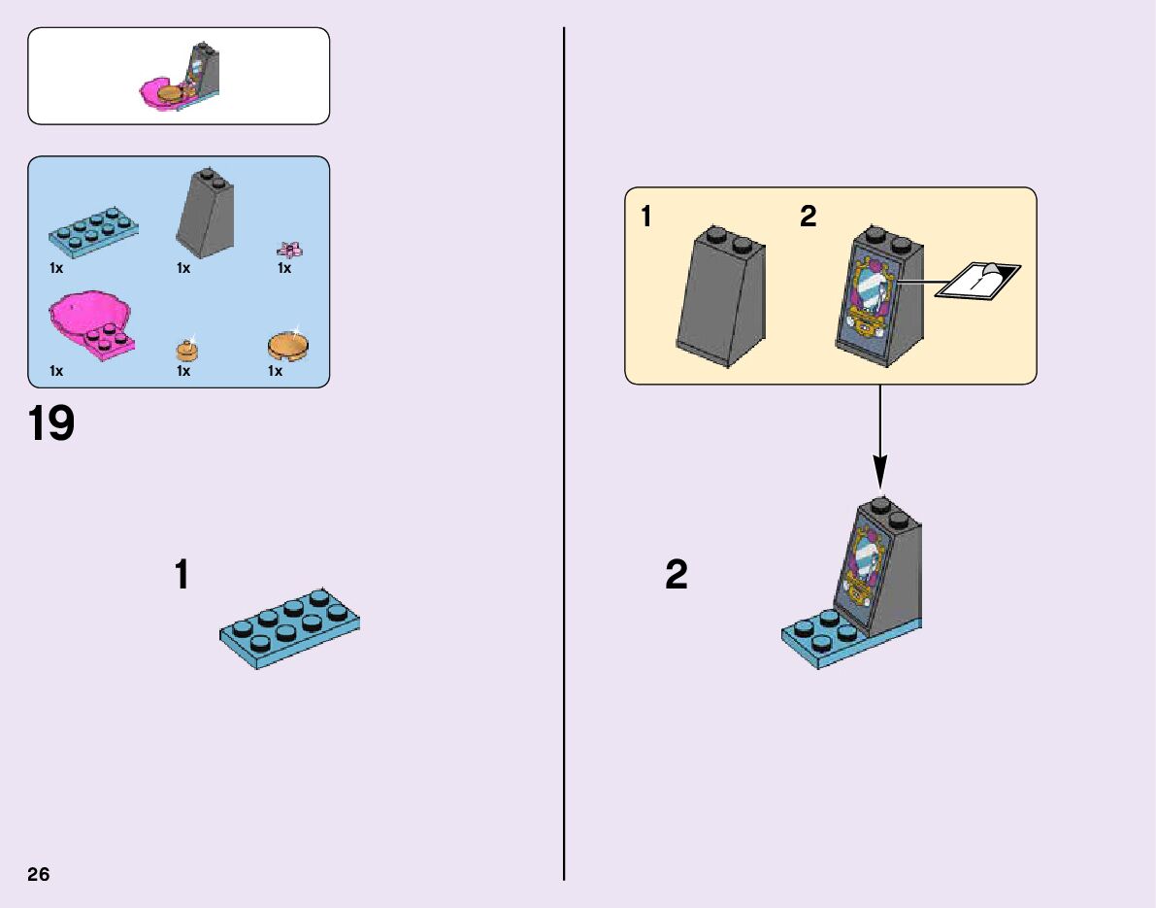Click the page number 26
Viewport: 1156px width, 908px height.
pos(38,874)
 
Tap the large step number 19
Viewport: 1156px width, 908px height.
pos(51,425)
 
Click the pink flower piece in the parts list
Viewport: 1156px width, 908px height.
pos(288,249)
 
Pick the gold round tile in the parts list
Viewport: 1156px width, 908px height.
pos(286,345)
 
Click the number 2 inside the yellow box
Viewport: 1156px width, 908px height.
pos(809,218)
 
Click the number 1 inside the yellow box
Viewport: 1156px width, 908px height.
pos(646,218)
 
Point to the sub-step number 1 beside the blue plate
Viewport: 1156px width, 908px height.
pos(182,575)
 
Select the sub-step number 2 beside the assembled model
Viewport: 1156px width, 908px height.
pos(677,575)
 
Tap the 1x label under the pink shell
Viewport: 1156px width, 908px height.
pos(56,371)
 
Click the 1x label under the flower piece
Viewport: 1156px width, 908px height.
pos(284,268)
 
